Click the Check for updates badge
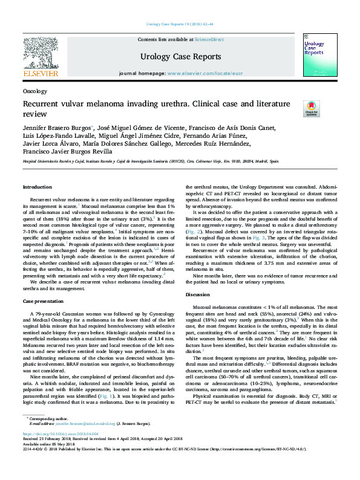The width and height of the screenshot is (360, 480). point(311,108)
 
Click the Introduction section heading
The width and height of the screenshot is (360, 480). point(38,187)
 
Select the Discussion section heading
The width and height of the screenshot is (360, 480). point(198,294)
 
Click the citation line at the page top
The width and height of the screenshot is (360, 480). point(179,24)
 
